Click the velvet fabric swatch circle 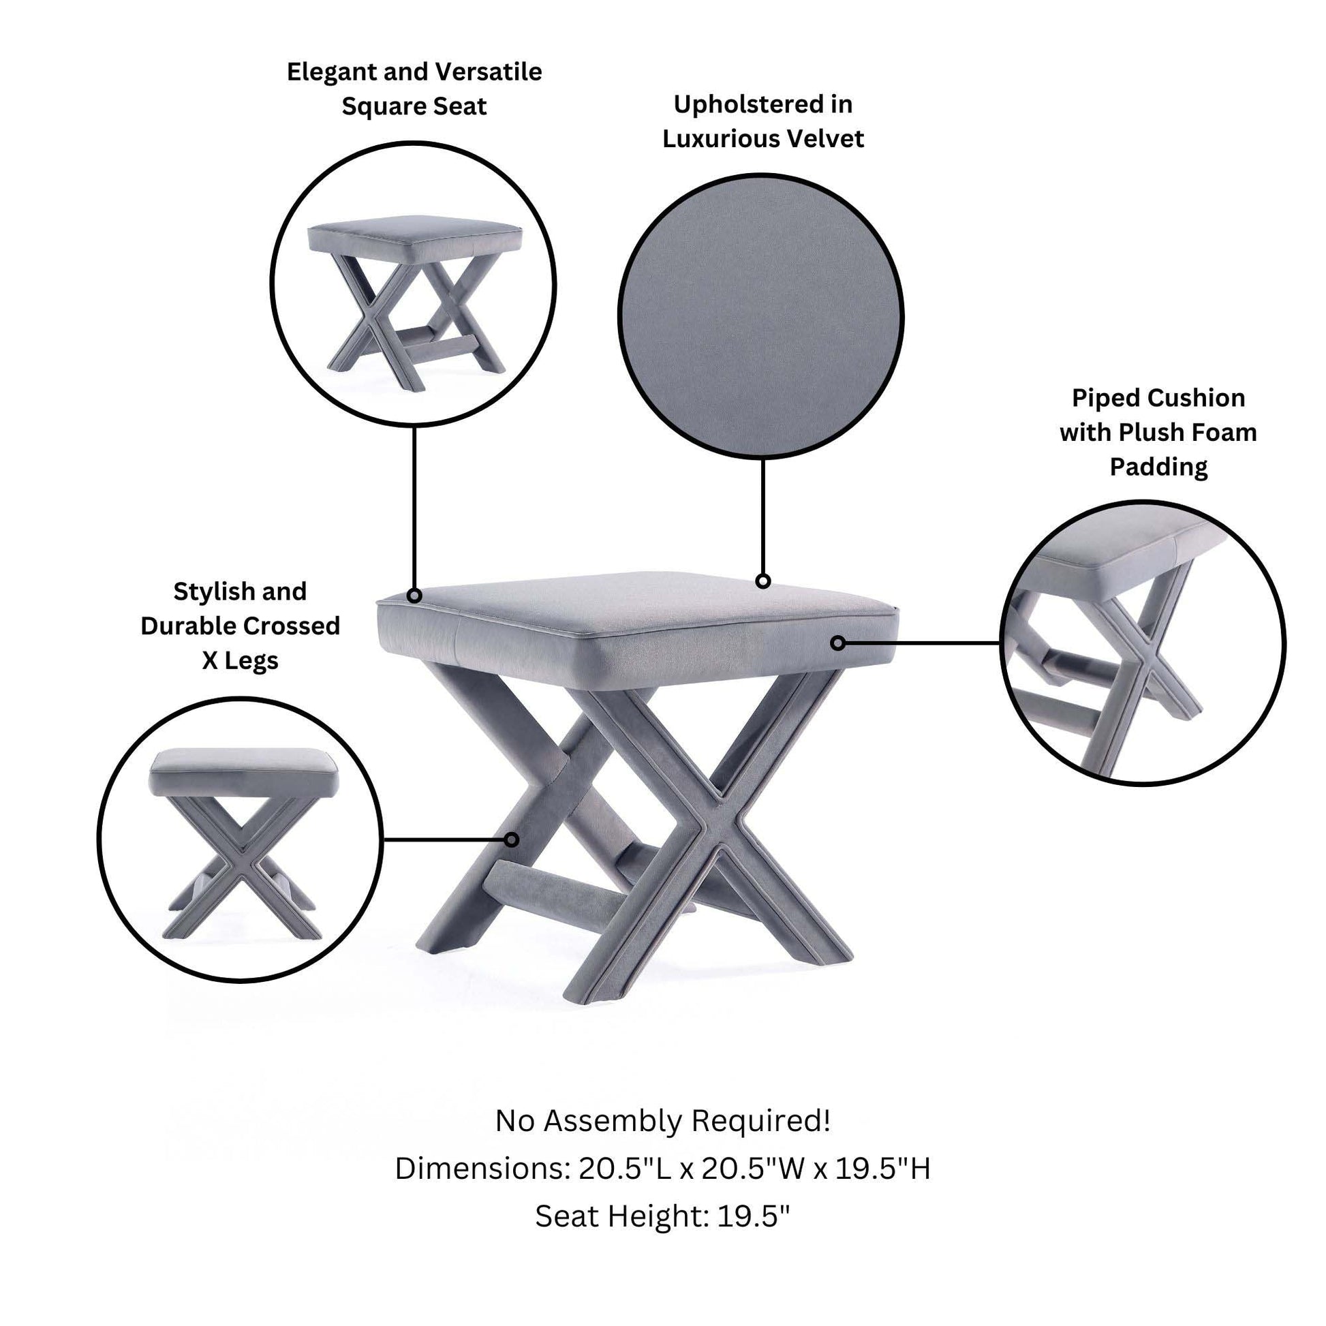761,316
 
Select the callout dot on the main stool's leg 511,839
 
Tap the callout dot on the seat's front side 837,643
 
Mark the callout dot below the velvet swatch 762,581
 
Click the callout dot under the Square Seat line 414,596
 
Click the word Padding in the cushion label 1158,468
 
